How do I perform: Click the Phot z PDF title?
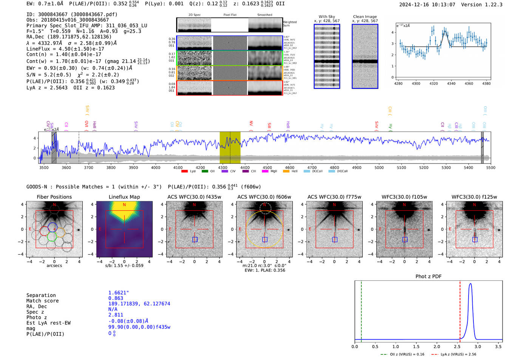(428, 276)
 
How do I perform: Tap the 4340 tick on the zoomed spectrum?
(451, 83)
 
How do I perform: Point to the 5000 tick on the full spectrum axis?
(379, 167)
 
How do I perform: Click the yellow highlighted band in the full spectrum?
(230, 147)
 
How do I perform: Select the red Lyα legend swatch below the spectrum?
(184, 171)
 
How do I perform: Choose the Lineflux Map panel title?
(124, 197)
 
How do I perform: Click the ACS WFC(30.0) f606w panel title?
(264, 197)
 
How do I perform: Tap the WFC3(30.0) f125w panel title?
(474, 197)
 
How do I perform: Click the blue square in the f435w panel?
(195, 239)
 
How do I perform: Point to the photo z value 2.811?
(116, 315)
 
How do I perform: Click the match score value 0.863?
(116, 298)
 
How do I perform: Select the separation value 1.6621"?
(118, 293)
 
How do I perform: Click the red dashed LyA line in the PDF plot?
(460, 310)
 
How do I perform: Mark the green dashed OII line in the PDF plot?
(361, 310)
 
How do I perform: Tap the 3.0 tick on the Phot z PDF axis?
(478, 346)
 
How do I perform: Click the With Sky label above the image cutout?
(326, 17)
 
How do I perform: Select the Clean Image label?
(365, 17)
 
